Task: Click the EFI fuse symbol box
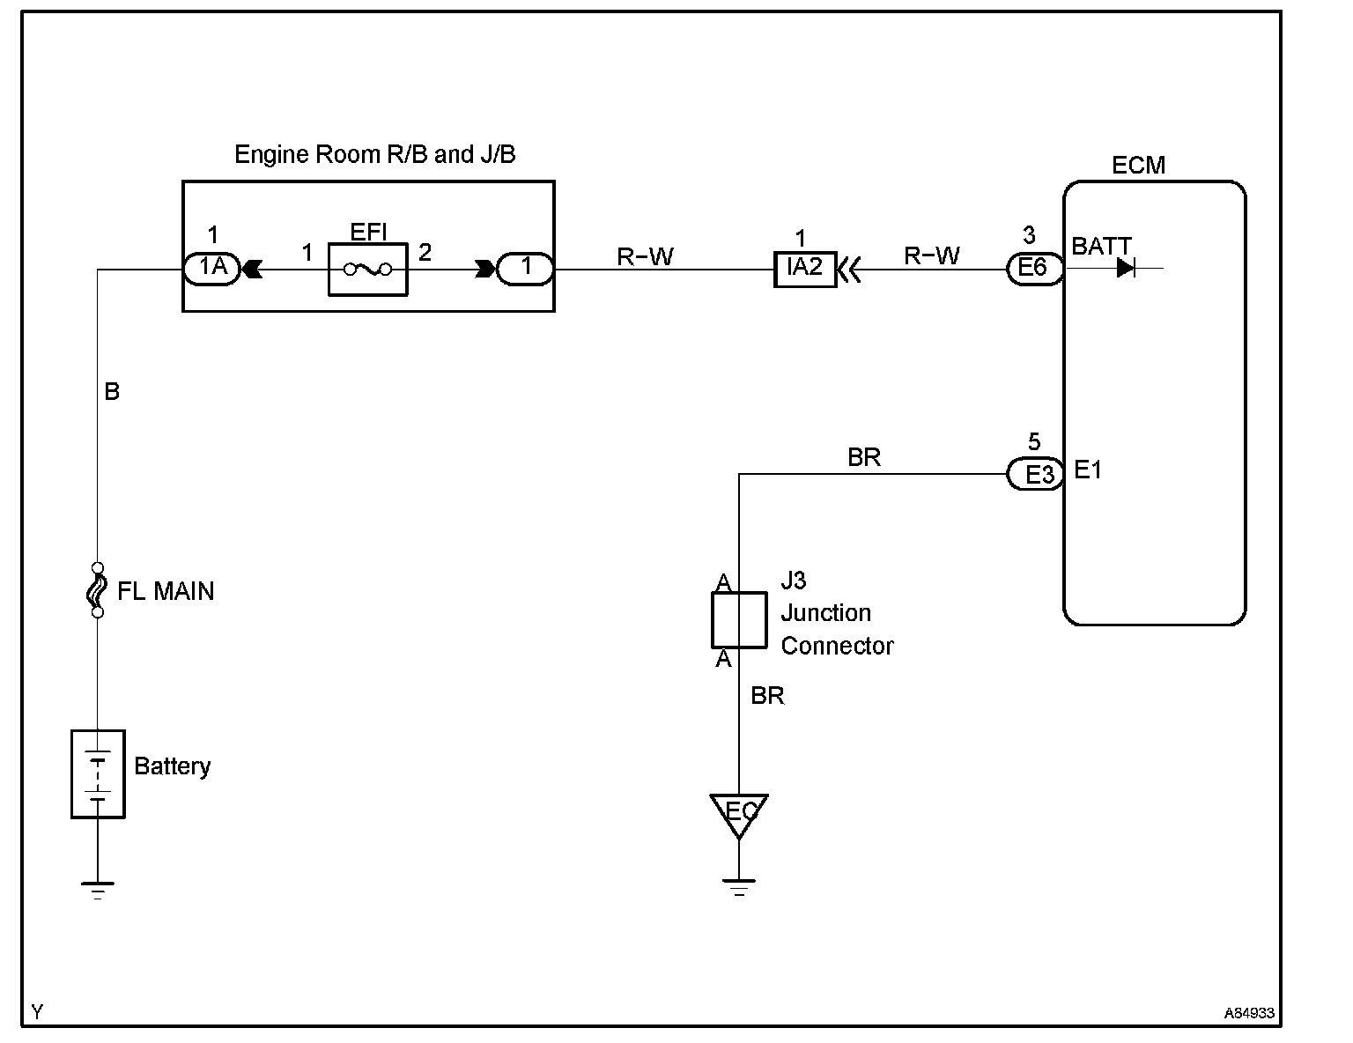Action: [x=368, y=270]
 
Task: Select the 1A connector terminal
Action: [x=212, y=269]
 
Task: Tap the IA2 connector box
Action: [x=804, y=269]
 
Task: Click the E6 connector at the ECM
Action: [x=1034, y=269]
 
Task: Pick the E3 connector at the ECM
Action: [x=1034, y=474]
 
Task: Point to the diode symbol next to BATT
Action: [x=1125, y=269]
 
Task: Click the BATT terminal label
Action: [x=1101, y=247]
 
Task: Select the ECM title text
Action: [x=1138, y=165]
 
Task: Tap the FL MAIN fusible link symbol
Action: [x=97, y=590]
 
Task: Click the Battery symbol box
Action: [x=98, y=774]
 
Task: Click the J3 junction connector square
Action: [x=739, y=620]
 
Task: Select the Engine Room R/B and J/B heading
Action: [x=375, y=154]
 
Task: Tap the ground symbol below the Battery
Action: [x=98, y=891]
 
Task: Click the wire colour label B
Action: [x=112, y=392]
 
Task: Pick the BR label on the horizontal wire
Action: [x=863, y=458]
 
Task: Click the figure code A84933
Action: [x=1249, y=1013]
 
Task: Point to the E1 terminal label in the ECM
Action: [x=1088, y=470]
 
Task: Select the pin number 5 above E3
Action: [x=1034, y=441]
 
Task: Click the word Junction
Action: [x=825, y=613]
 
